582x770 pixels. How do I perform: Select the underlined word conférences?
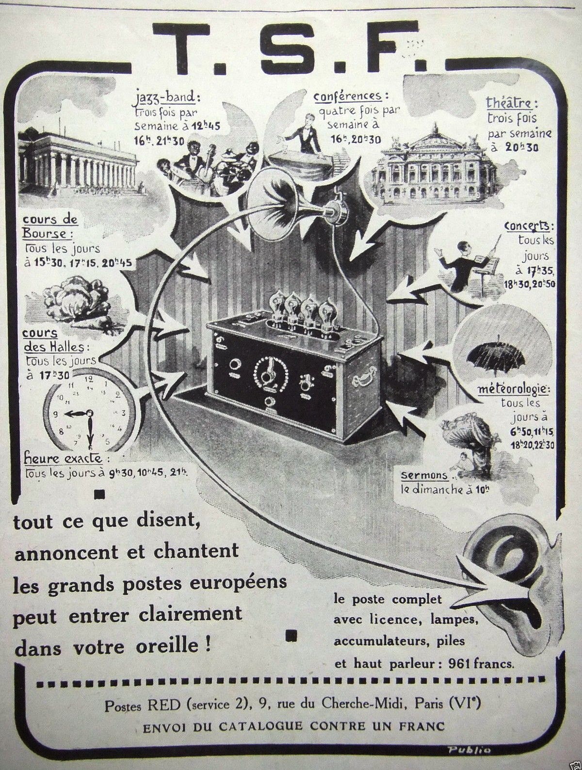pos(351,96)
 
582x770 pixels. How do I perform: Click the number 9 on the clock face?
pos(56,414)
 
